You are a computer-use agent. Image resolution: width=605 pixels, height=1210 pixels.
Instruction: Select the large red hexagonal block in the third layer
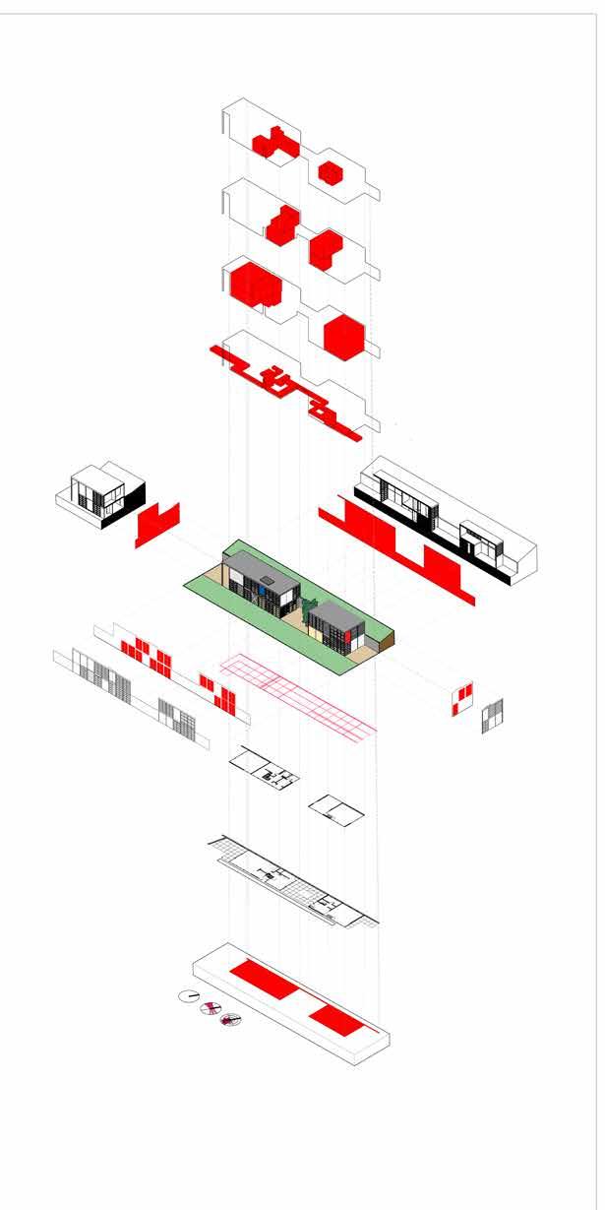click(344, 337)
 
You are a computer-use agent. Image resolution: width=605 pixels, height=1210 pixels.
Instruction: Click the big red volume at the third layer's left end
click(256, 283)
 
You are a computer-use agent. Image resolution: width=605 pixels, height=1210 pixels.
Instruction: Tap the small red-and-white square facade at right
click(462, 698)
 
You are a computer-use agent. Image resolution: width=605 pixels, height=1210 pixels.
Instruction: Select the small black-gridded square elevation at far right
click(494, 716)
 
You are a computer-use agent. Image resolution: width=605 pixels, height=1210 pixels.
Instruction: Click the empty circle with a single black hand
click(189, 996)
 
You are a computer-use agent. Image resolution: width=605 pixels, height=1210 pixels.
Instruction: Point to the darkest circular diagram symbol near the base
click(231, 1021)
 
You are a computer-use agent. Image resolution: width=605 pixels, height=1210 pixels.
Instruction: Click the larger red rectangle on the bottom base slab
click(263, 977)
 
